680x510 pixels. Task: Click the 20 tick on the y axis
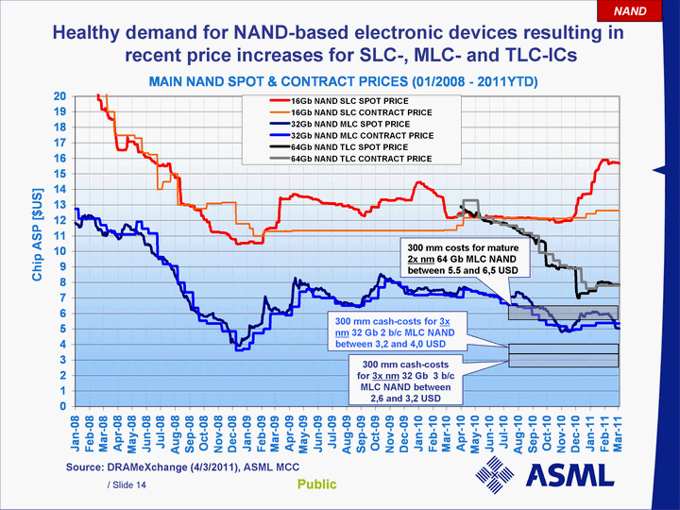coord(59,96)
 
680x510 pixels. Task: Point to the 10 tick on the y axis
coord(59,251)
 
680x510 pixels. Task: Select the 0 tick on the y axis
coord(62,407)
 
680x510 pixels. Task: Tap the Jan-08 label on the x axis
coord(78,436)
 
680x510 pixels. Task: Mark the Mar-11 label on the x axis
coord(619,436)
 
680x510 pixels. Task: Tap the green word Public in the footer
coord(317,484)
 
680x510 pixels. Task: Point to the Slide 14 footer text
coord(127,484)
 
